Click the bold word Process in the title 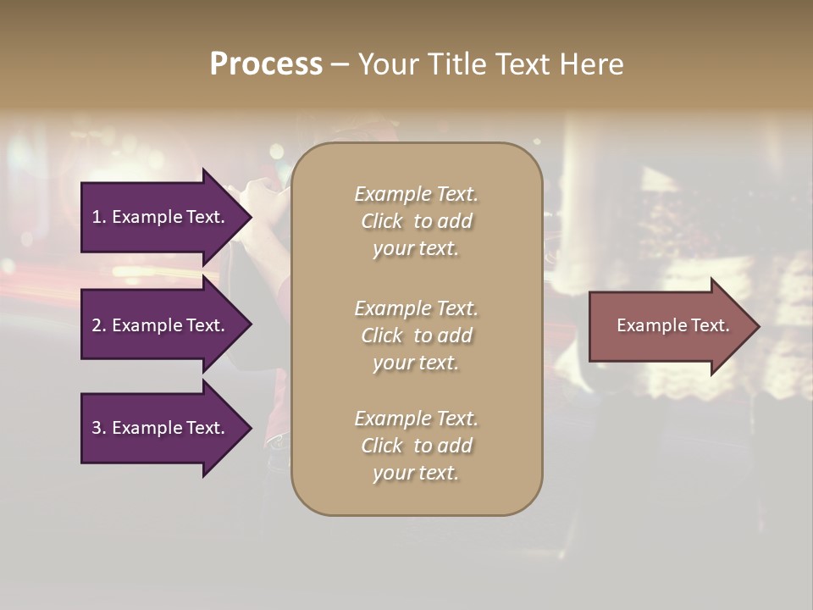(x=266, y=64)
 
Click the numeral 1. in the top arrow (x=99, y=217)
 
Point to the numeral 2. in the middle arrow (x=99, y=325)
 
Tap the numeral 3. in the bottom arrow (x=99, y=428)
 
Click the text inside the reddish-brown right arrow (x=673, y=325)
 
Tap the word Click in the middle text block (x=382, y=335)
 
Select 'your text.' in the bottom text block (x=416, y=473)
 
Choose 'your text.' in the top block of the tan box (x=416, y=248)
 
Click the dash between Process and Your (x=340, y=64)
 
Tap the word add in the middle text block (x=456, y=335)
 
